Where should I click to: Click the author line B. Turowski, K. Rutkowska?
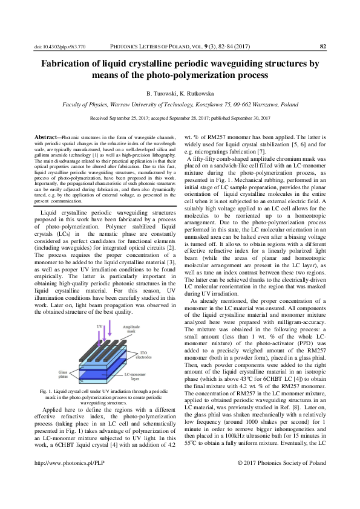(180, 94)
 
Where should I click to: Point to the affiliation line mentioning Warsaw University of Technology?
(180, 105)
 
